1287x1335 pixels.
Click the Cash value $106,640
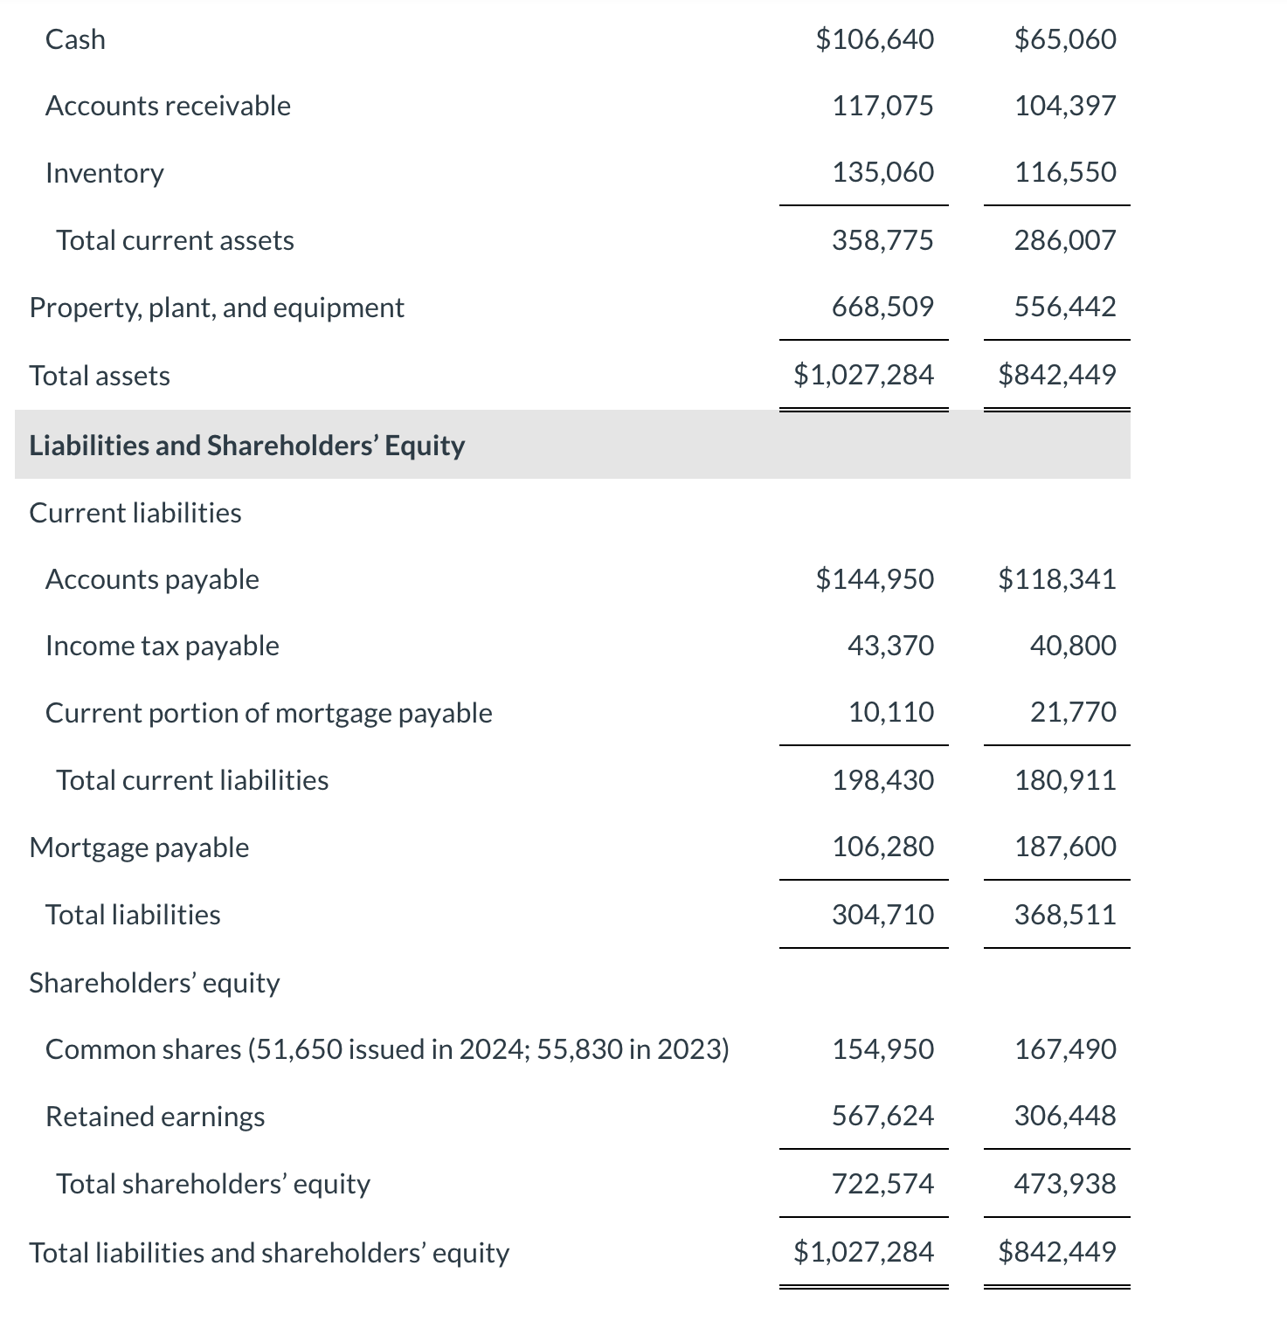click(875, 39)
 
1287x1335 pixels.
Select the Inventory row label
click(105, 173)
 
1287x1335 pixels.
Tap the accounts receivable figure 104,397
click(1065, 106)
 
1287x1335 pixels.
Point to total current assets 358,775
click(882, 240)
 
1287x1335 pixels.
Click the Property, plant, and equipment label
click(217, 308)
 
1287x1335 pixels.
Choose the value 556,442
click(1065, 307)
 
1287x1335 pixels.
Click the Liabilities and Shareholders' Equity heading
click(247, 446)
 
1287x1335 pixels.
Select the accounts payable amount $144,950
click(875, 579)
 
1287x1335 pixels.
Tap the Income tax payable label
click(163, 646)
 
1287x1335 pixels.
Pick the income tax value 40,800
click(1073, 646)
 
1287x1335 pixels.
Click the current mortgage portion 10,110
click(891, 712)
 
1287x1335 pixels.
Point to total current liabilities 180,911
click(1065, 780)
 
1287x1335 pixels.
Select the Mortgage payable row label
click(139, 847)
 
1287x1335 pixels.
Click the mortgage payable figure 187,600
click(1065, 847)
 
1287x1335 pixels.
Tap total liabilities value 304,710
click(882, 915)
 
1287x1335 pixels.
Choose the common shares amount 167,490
click(1065, 1049)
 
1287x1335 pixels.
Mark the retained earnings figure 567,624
click(882, 1116)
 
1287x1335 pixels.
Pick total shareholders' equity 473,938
click(1065, 1184)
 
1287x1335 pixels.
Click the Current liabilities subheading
click(135, 513)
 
